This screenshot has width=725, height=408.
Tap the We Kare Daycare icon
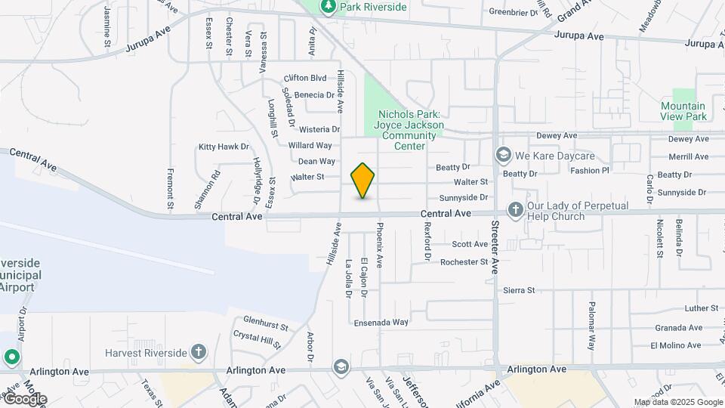[x=503, y=156]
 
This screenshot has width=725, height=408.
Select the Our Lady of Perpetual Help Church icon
[x=516, y=209]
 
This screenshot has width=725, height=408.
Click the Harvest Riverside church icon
[x=198, y=352]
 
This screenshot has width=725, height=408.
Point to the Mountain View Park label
[x=683, y=111]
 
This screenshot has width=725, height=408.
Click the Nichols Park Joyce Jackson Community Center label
[x=410, y=125]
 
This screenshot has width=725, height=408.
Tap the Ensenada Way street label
[x=381, y=322]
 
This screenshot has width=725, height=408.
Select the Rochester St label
[x=464, y=262]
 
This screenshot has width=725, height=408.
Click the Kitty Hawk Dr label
[x=224, y=147]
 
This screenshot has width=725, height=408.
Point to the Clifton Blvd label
[x=305, y=78]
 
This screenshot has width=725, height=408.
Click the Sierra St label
[x=519, y=290]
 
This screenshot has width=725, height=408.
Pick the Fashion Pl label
[x=589, y=171]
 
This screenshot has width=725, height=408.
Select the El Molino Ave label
[x=675, y=345]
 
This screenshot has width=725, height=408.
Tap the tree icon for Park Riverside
[x=328, y=7]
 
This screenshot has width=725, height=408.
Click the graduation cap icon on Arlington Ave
[x=341, y=367]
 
